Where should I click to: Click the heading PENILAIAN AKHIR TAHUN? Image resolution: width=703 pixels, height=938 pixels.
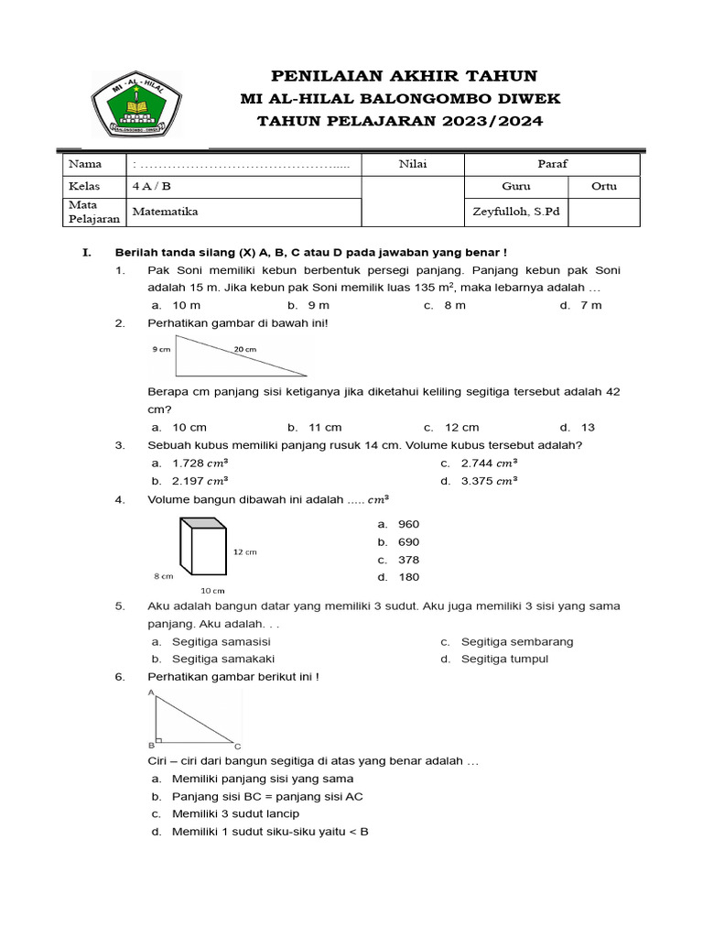pos(402,76)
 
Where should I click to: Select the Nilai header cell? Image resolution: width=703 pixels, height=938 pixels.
pos(413,164)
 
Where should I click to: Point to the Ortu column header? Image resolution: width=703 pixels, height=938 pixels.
pos(603,186)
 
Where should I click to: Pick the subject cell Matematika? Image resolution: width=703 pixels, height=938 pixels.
pos(165,212)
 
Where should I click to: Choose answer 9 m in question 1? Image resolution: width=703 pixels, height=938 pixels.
pos(318,305)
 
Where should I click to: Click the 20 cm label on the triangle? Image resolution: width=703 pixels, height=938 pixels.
pos(244,349)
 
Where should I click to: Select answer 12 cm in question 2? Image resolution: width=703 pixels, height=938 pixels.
pos(461,427)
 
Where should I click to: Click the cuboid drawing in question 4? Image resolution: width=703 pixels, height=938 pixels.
pos(202,548)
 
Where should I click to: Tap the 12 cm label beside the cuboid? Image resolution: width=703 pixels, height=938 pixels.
pos(244,552)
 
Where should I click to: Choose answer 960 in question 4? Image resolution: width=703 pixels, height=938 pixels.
pos(408,525)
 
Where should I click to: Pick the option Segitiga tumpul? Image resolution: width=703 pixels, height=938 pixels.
pos(504,659)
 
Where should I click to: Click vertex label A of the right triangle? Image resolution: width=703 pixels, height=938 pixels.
pos(151,694)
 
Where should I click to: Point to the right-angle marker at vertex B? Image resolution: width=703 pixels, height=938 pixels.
pos(159,738)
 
